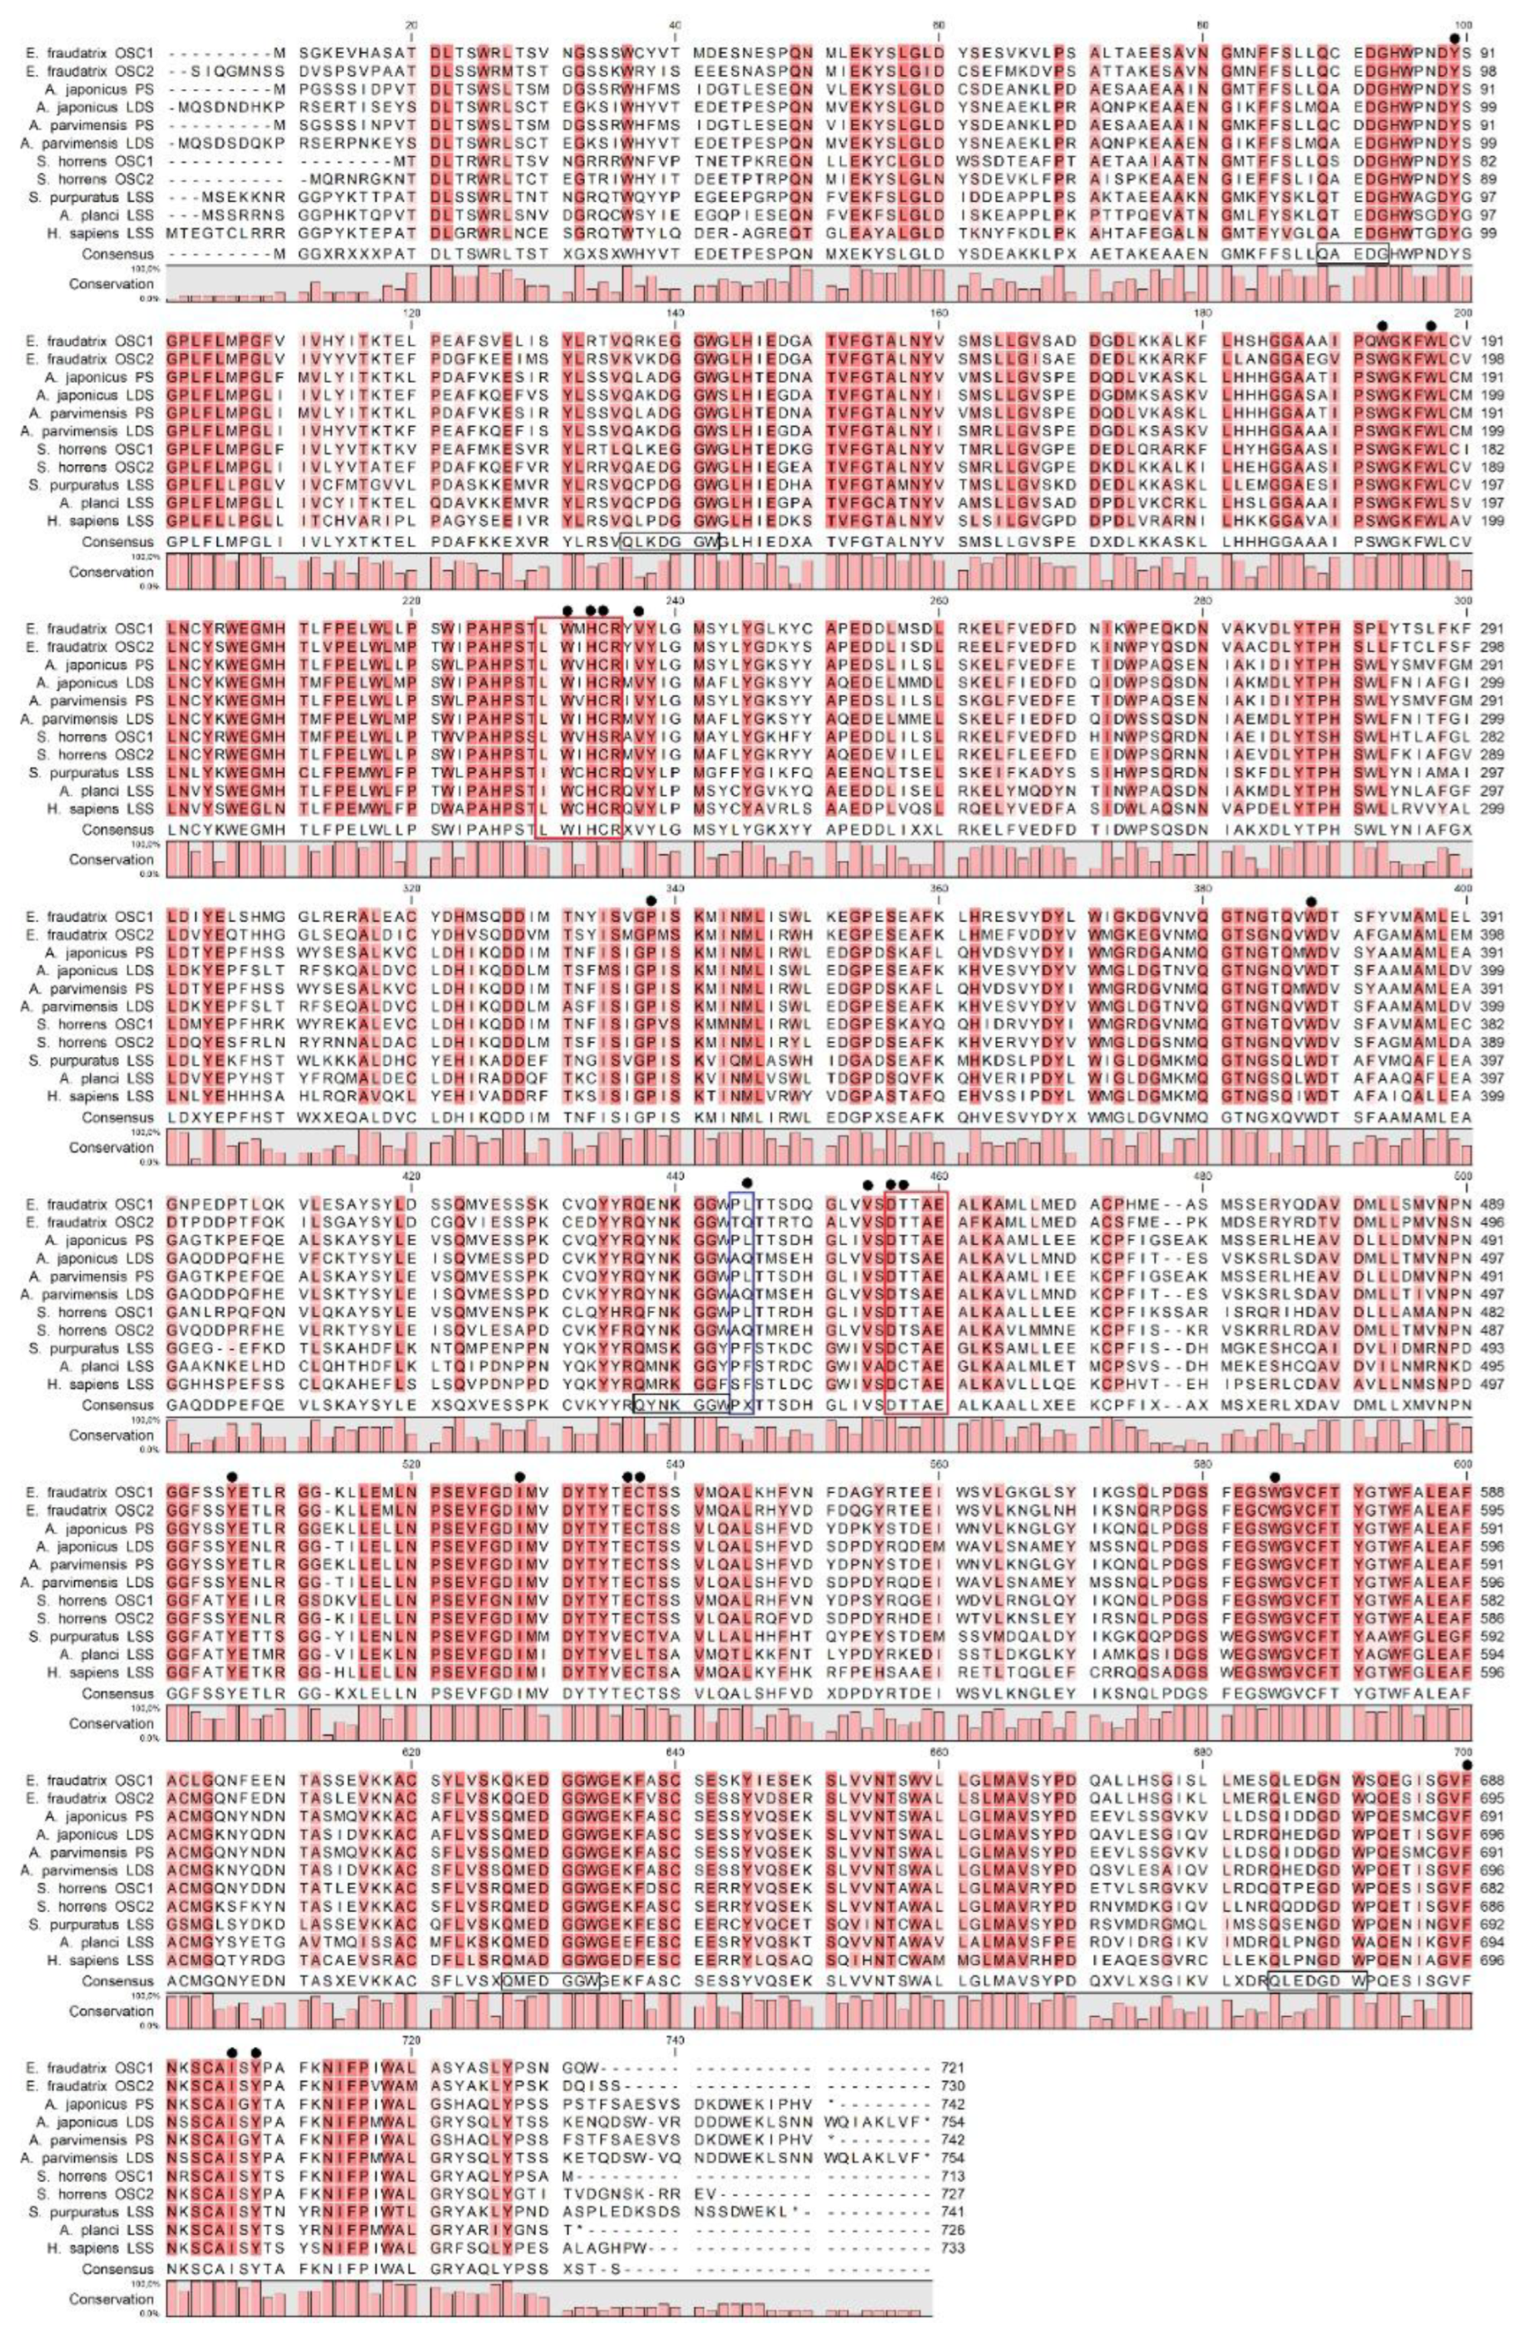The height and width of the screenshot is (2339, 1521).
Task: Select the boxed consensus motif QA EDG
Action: click(x=1352, y=255)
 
